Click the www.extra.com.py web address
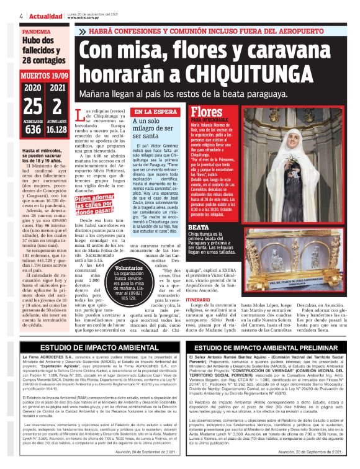pos(81,17)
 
